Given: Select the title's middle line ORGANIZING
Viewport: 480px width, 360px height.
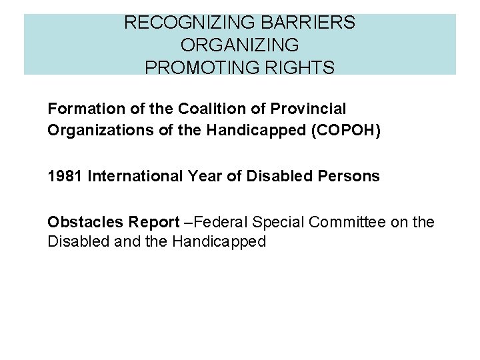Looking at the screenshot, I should [x=240, y=45].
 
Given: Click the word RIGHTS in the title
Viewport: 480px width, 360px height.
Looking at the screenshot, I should [x=303, y=67].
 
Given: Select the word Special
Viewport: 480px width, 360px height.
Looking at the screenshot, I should [x=280, y=222].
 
